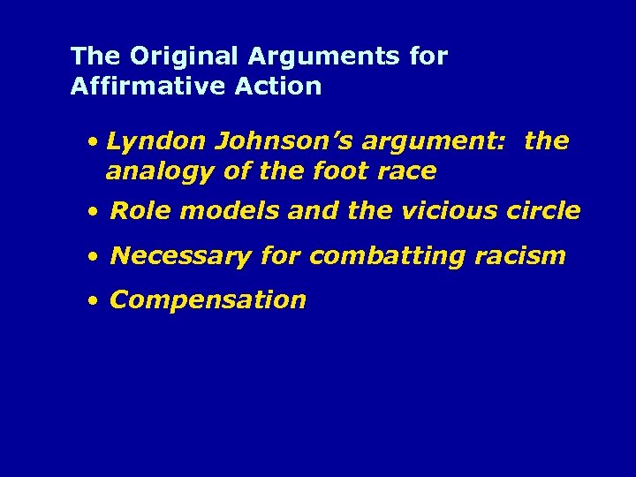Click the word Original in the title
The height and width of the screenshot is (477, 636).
pyautogui.click(x=185, y=57)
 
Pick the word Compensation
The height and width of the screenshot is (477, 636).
pyautogui.click(x=208, y=300)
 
